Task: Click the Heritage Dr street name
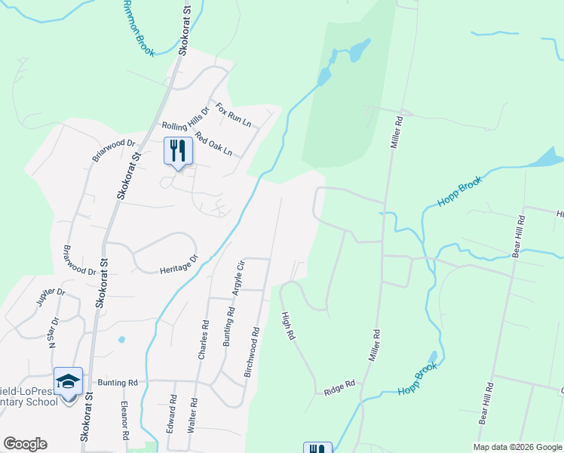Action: click(178, 263)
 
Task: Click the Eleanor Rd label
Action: click(125, 425)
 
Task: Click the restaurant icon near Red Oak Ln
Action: click(178, 150)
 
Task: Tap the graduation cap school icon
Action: click(68, 382)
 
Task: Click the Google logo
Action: click(25, 444)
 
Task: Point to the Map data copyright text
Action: click(517, 447)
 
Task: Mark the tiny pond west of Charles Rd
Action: click(121, 340)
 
